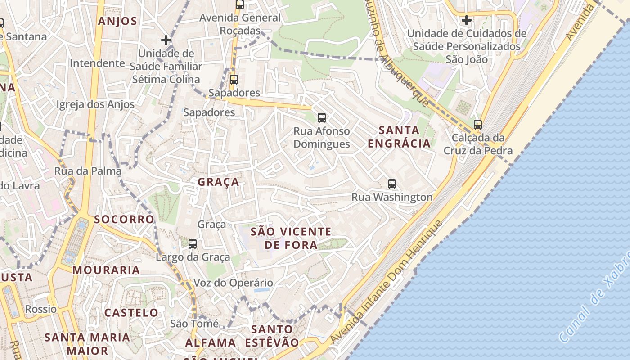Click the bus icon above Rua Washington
pos(392,184)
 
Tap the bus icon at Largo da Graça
pos(193,244)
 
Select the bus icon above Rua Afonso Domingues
pos(321,118)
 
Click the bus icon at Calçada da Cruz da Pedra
pos(478,124)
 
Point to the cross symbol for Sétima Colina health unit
pos(166,40)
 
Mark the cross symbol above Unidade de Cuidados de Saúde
pos(467,20)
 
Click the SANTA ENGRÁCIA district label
pos(399,137)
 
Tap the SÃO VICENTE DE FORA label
pos(291,238)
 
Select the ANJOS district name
pos(117,21)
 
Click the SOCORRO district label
pos(124,219)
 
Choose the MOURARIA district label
pos(106,270)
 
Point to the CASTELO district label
pos(131,312)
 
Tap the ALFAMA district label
pos(211,342)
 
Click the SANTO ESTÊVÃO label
pos(272,336)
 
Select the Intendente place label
pos(97,63)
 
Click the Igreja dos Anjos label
pos(95,104)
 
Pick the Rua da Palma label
pos(88,171)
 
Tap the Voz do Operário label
pos(233,283)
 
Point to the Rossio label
pos(41,309)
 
